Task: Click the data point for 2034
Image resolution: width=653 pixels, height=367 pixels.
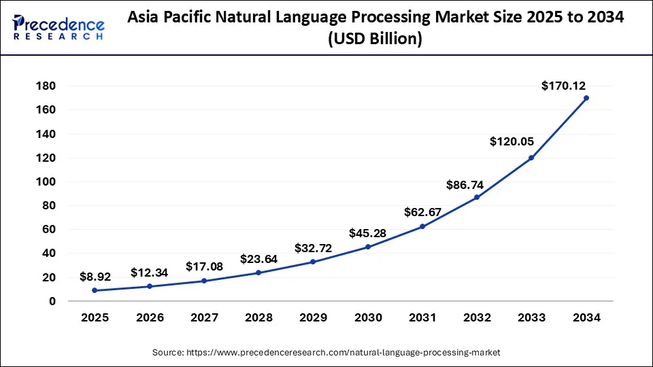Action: (x=586, y=98)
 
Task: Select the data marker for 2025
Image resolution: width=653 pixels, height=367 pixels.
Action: (x=95, y=290)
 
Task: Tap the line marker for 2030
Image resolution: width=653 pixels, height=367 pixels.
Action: (x=368, y=247)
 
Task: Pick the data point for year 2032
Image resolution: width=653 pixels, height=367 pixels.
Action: (x=477, y=197)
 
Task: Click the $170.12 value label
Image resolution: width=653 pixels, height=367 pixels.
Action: (x=563, y=86)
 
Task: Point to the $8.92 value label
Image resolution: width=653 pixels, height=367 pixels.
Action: (x=95, y=277)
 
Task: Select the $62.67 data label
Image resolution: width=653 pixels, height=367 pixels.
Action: (x=422, y=213)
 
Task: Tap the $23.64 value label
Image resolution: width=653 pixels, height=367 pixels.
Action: (x=258, y=259)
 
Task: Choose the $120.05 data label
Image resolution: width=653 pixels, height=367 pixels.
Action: (x=512, y=141)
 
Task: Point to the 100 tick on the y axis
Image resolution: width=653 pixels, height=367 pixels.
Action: (x=46, y=181)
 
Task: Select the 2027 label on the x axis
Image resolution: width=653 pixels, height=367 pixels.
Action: (x=204, y=317)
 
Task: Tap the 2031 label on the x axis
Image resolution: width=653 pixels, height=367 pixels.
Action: (x=422, y=317)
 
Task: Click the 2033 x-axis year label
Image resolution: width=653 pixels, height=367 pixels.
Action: (x=531, y=317)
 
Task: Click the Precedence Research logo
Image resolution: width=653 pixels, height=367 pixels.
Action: (x=58, y=27)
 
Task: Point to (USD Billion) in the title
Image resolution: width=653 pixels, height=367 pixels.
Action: (x=375, y=39)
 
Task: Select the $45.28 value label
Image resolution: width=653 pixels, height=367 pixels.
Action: (x=368, y=233)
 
